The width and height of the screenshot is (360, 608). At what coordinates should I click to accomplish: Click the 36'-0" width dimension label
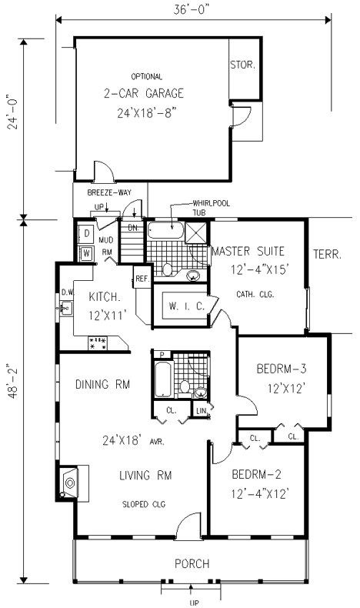coord(192,11)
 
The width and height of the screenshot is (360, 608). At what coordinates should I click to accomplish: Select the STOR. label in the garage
coord(243,65)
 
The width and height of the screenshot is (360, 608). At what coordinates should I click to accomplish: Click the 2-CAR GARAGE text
coord(144,93)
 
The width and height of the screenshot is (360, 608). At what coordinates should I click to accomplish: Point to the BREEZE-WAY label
coord(109,192)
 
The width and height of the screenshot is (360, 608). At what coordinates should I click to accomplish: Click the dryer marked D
coord(86,233)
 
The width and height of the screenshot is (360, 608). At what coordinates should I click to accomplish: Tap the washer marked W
coord(86,254)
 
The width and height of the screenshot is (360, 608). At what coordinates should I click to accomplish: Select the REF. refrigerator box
coord(142,278)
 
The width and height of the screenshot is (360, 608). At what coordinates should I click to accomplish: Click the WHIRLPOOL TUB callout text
coord(212,208)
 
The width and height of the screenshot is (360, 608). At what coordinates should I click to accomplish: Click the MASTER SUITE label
coord(248,251)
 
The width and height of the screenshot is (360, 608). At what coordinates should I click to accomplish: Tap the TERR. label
coord(328,255)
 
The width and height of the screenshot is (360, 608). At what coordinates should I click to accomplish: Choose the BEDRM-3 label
coord(282,369)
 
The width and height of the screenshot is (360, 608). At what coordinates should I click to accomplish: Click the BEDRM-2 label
coord(256,474)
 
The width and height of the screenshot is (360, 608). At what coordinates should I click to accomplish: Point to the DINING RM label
coord(102,384)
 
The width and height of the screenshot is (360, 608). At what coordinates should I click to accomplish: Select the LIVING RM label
coord(145,475)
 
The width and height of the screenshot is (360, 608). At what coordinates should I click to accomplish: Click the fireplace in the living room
coord(70,483)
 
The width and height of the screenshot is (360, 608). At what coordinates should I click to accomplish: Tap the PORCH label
coord(192,563)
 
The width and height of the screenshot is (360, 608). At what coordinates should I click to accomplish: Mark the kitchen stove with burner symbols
coord(98,343)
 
